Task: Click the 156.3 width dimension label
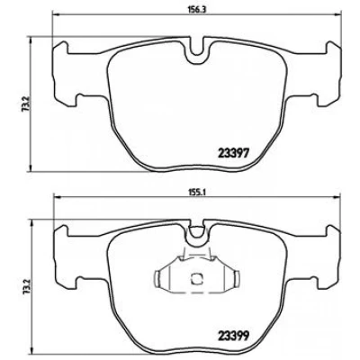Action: pyautogui.click(x=196, y=9)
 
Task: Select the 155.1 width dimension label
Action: pyautogui.click(x=196, y=193)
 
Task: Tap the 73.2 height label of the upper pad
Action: pyautogui.click(x=26, y=103)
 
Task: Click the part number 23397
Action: pyautogui.click(x=233, y=154)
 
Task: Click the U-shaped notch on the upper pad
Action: pyautogui.click(x=197, y=49)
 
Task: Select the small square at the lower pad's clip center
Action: pyautogui.click(x=196, y=279)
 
